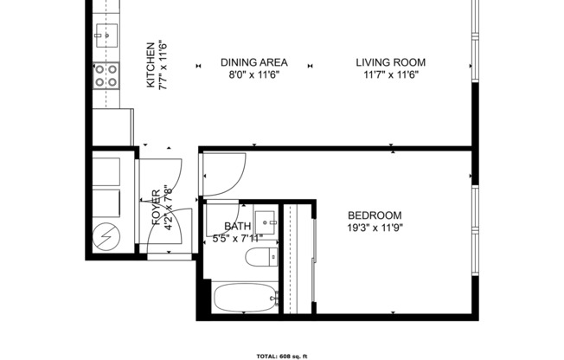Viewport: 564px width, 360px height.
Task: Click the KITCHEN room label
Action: [151, 65]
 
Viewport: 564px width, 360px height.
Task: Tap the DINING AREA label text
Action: [253, 62]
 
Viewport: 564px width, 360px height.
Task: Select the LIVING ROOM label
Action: [391, 62]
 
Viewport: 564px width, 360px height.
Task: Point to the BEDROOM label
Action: [375, 215]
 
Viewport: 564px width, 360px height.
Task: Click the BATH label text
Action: [238, 227]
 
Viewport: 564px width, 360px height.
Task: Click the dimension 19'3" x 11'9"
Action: [375, 228]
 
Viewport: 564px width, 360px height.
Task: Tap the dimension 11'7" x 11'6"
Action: [391, 74]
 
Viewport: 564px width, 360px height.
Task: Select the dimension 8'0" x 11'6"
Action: [253, 74]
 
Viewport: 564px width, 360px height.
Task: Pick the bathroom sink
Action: [266, 220]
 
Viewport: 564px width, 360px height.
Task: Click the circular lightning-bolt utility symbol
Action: [106, 235]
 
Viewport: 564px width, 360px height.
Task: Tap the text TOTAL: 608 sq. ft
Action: [282, 356]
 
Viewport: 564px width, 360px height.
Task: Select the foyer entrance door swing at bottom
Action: [165, 242]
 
